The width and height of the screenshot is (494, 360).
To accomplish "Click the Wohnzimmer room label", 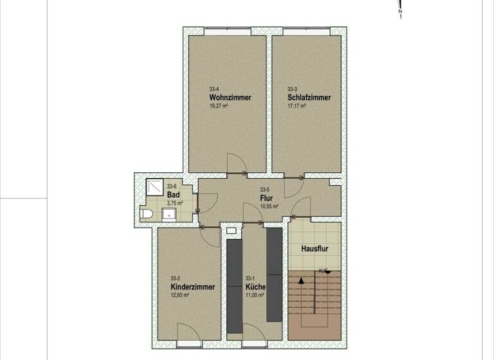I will click(230, 98).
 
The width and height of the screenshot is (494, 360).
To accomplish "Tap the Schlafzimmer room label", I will click(309, 98).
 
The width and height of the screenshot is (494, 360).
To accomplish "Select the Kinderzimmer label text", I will click(192, 287).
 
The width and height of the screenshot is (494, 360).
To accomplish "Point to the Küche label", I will click(255, 287).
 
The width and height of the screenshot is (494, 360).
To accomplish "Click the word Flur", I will click(266, 198).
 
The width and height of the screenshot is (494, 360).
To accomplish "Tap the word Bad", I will click(173, 195).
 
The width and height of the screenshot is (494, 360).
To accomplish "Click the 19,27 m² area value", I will click(219, 106).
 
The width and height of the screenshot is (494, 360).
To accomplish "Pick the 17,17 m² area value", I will click(297, 106).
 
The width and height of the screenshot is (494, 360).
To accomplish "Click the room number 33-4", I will click(214, 89).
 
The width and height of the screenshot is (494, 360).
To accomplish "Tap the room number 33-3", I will click(293, 89).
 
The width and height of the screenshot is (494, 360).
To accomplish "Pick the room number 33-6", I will click(172, 187).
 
